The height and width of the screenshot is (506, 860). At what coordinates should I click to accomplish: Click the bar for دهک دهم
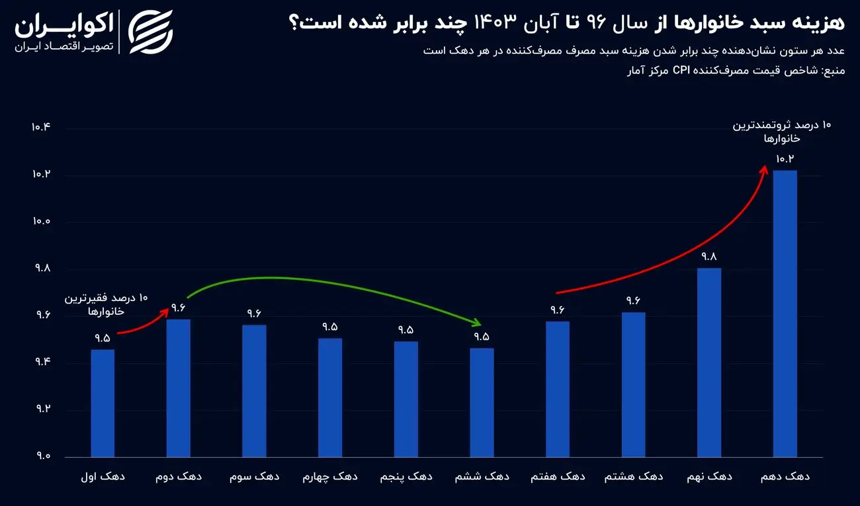click(x=785, y=314)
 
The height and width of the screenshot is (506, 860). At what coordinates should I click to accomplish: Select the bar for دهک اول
click(x=103, y=403)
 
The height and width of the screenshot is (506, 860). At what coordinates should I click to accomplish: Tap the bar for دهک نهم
click(x=709, y=362)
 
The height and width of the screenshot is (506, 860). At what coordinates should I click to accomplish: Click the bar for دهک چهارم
click(x=330, y=398)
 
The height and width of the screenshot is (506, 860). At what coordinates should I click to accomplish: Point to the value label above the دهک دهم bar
click(x=785, y=159)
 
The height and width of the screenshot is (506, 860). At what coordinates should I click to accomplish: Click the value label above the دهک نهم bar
click(x=709, y=257)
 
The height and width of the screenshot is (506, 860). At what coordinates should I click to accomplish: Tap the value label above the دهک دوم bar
click(x=179, y=308)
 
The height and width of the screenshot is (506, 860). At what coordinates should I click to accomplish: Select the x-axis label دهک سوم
click(x=254, y=476)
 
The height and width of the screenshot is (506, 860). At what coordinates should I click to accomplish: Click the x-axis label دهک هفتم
click(x=558, y=476)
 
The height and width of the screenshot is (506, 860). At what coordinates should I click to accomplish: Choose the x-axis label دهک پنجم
click(x=406, y=476)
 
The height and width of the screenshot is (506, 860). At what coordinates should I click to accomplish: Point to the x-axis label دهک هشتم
click(x=634, y=476)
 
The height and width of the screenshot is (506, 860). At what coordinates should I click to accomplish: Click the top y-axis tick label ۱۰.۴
click(x=40, y=128)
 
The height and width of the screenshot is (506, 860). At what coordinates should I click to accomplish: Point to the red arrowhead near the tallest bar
click(x=764, y=169)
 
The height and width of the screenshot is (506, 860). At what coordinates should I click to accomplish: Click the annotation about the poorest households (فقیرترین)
click(x=107, y=304)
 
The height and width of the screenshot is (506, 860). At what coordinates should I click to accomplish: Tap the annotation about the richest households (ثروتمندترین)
click(x=781, y=132)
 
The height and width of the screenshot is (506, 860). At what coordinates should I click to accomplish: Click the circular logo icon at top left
click(x=151, y=31)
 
